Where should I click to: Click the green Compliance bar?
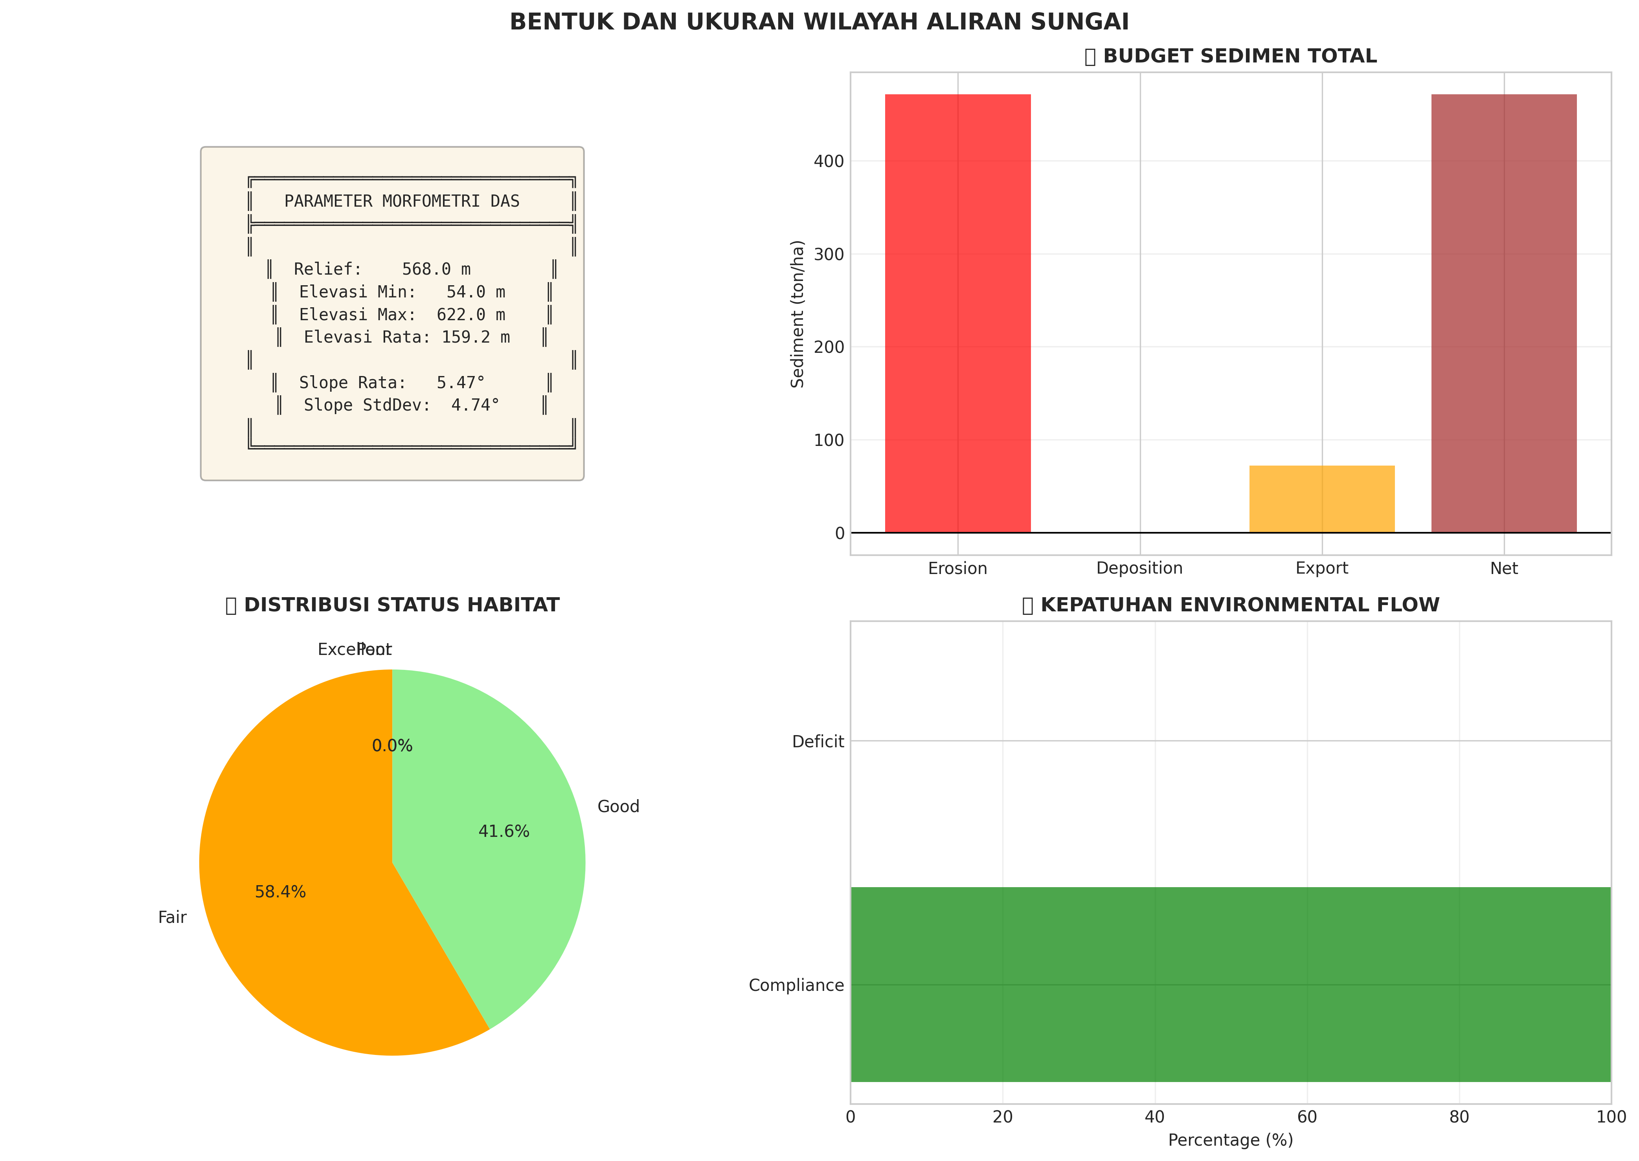[1230, 985]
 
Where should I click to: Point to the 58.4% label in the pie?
[280, 892]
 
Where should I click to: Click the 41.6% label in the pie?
[503, 831]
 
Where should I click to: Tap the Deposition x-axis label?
[1139, 569]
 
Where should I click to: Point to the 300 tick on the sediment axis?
[829, 255]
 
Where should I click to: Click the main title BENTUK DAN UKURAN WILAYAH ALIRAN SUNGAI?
[819, 22]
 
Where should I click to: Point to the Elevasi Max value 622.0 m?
[470, 315]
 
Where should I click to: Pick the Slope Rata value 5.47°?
[461, 382]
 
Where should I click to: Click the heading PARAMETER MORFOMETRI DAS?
[402, 202]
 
